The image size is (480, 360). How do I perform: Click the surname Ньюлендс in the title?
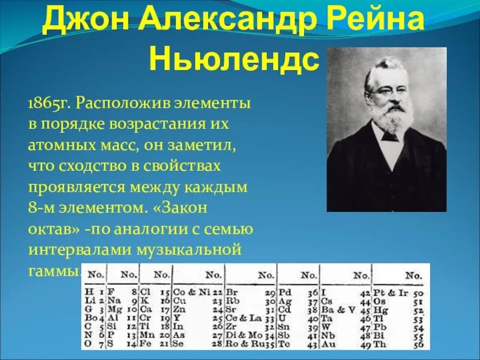pyautogui.click(x=234, y=58)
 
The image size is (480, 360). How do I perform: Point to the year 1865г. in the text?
pyautogui.click(x=49, y=103)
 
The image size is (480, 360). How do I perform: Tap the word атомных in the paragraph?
pyautogui.click(x=55, y=145)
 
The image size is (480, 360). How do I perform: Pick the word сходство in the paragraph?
pyautogui.click(x=85, y=166)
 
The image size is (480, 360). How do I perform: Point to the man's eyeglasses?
pyautogui.click(x=383, y=90)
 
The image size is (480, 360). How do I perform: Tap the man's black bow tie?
pyautogui.click(x=391, y=136)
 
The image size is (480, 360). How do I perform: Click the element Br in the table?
pyautogui.click(x=232, y=292)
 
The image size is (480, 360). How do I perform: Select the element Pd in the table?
pyautogui.click(x=286, y=292)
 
